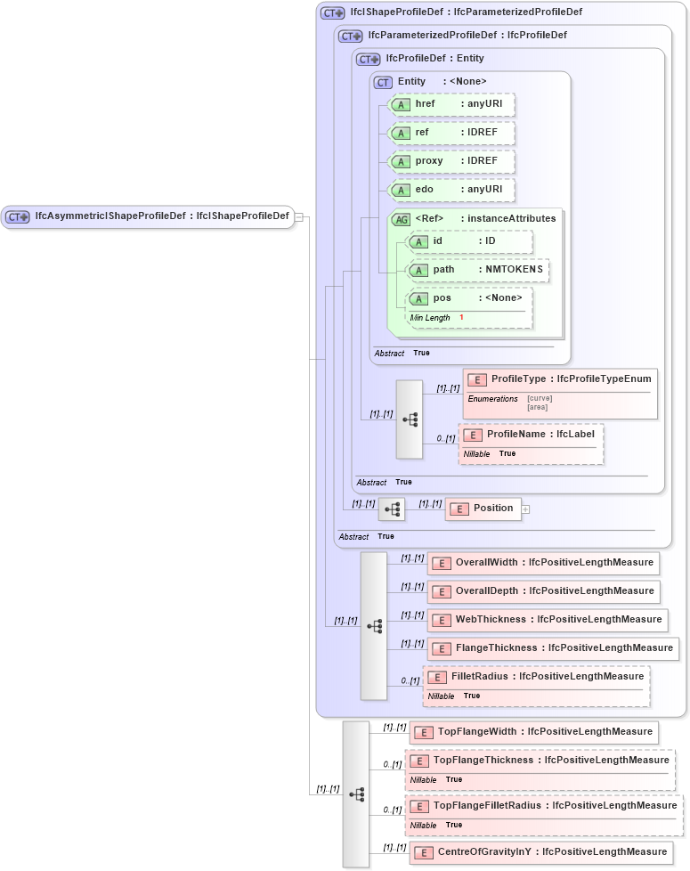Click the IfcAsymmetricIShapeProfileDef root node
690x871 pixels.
(148, 216)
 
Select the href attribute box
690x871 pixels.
(452, 105)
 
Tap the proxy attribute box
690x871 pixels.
(452, 161)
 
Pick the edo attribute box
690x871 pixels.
(452, 190)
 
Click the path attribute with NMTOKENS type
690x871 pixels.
(478, 270)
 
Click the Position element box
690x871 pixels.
(483, 509)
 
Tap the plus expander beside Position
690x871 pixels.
(525, 509)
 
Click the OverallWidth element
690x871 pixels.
(543, 563)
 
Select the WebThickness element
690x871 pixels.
(547, 620)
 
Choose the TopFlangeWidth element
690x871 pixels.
(533, 732)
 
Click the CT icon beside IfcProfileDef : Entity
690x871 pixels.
(369, 60)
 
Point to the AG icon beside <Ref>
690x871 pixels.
(402, 219)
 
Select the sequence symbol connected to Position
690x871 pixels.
(392, 509)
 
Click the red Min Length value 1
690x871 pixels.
(461, 318)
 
